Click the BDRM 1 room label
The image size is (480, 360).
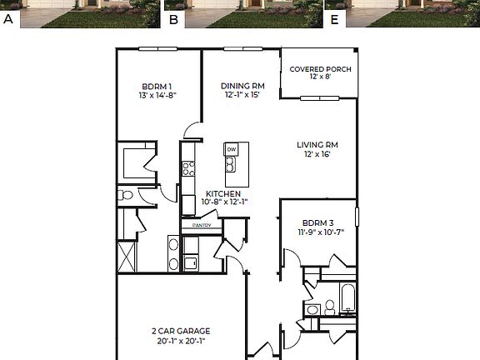point(157,86)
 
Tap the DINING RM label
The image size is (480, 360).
point(242,85)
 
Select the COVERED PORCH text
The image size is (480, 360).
point(320,68)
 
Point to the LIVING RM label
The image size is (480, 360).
point(319,145)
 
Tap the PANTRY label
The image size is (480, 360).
point(202,225)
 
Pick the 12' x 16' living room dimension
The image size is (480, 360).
point(319,155)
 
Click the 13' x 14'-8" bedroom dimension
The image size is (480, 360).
point(157,95)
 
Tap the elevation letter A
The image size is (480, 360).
point(8,18)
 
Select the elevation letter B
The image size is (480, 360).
point(173,18)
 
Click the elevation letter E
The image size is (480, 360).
point(334,18)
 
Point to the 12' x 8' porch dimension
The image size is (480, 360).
point(320,77)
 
